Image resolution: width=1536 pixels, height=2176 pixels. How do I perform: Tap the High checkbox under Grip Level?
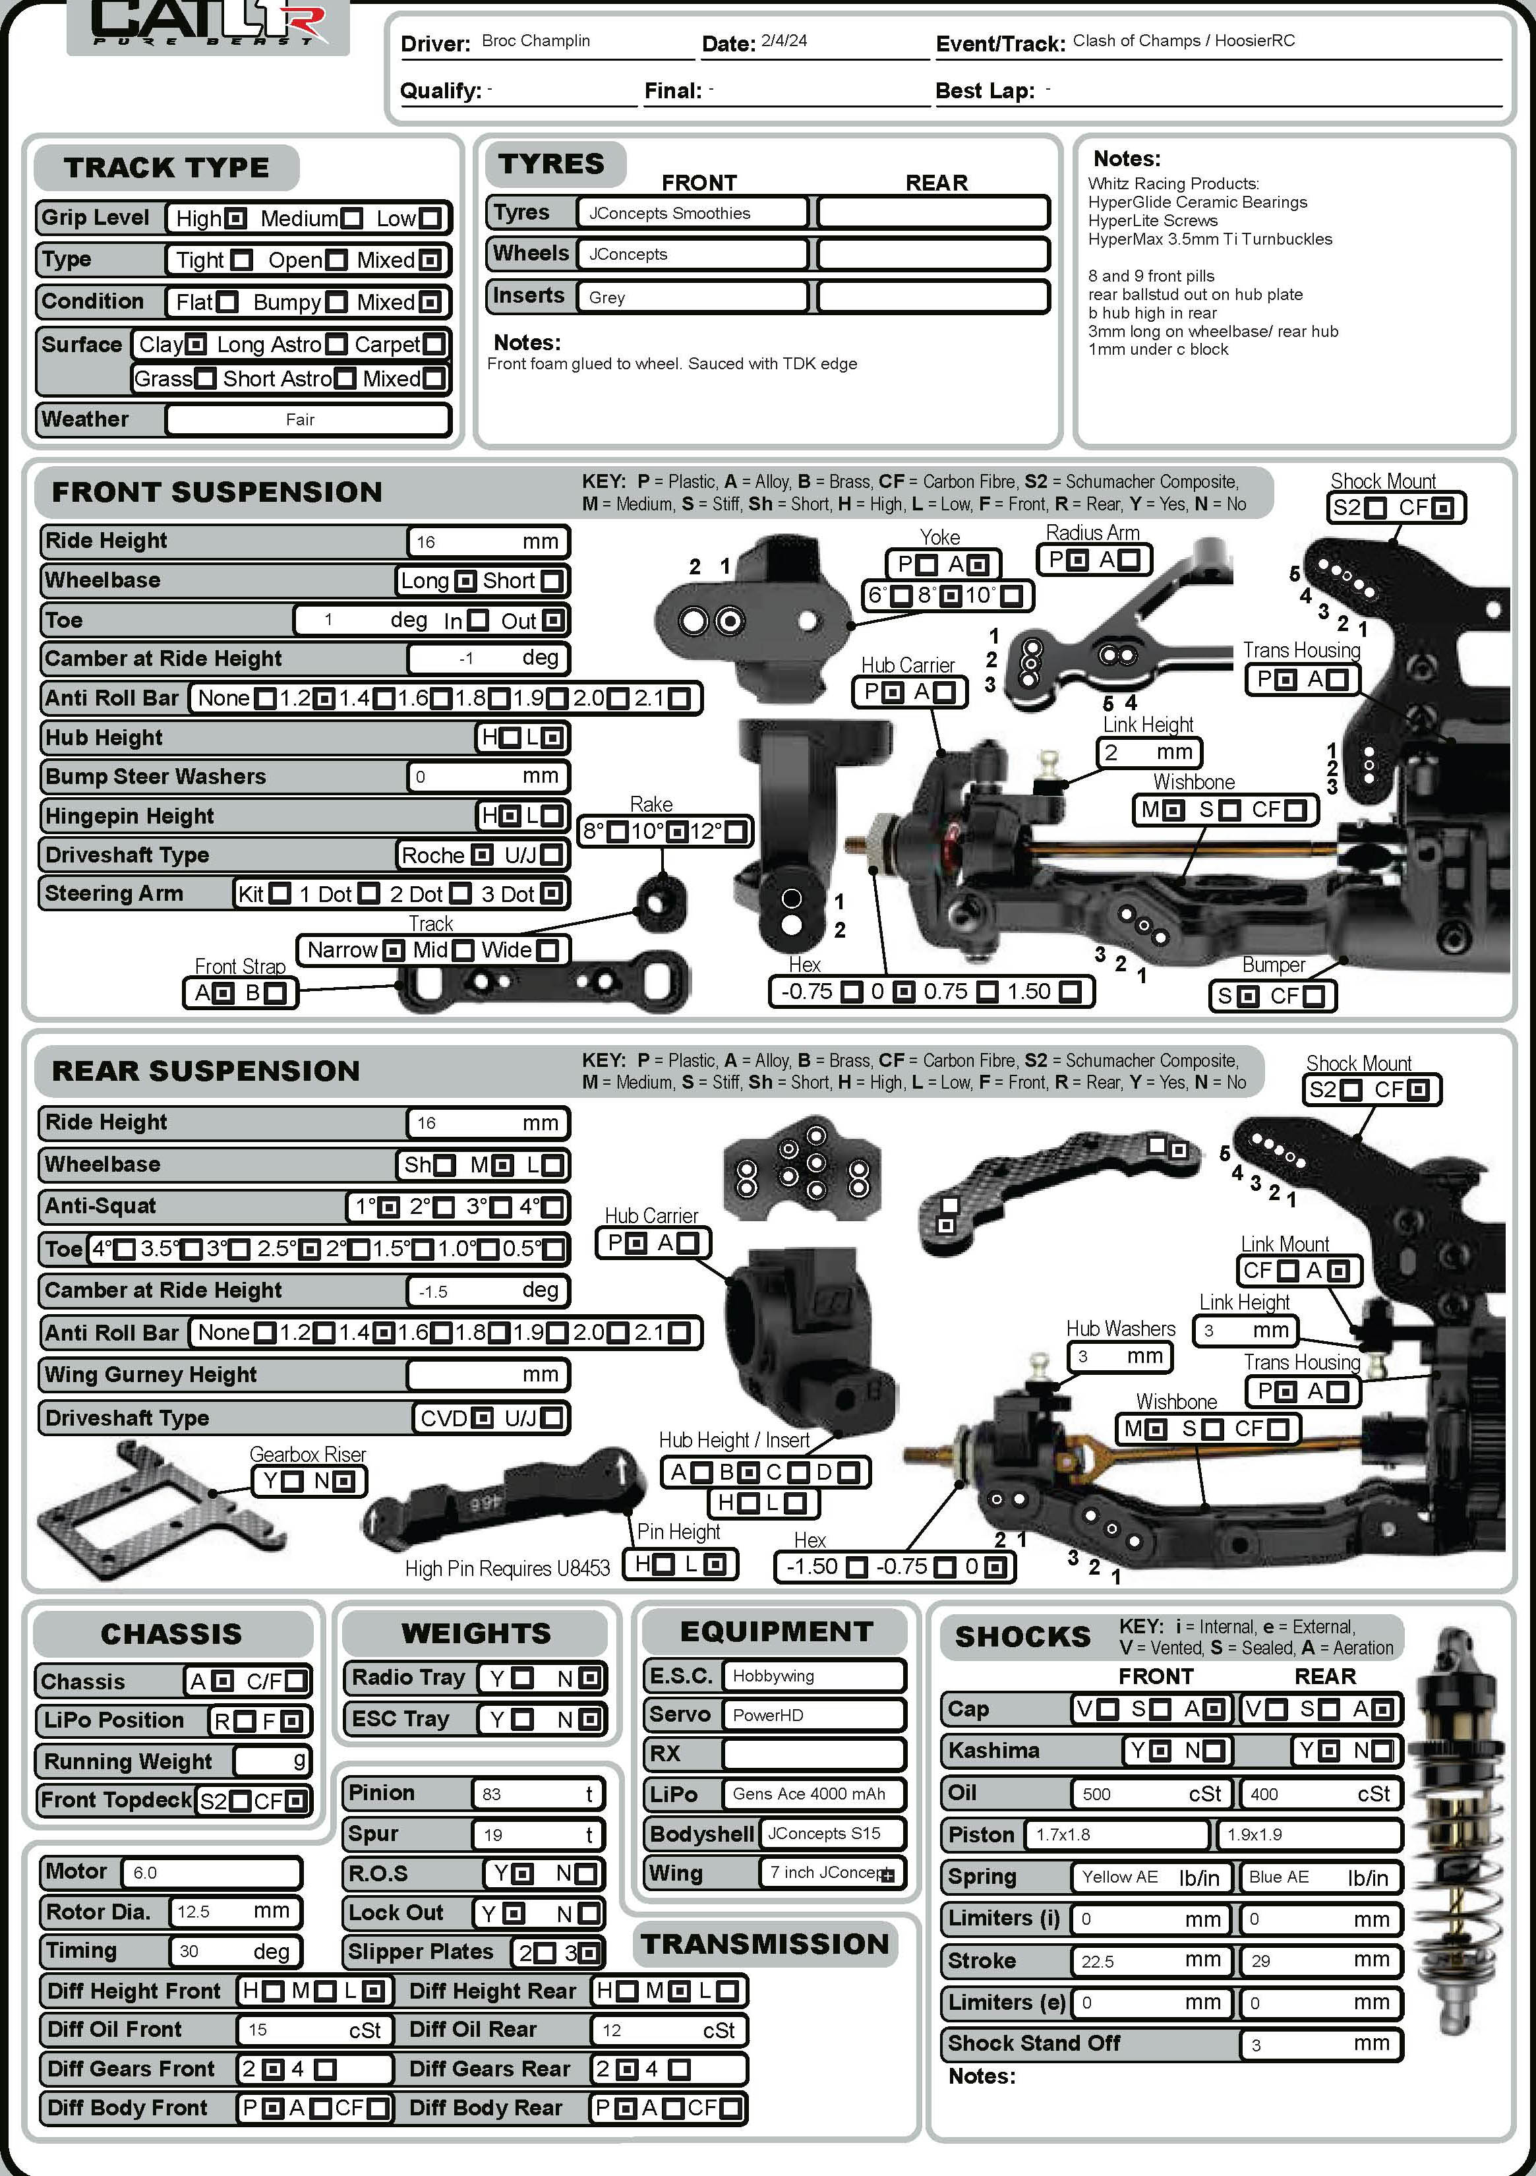(237, 219)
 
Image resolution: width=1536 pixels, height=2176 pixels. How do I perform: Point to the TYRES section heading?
(552, 164)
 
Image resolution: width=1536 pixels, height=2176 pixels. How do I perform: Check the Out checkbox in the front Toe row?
(552, 620)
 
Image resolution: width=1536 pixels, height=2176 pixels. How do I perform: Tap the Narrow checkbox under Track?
(394, 950)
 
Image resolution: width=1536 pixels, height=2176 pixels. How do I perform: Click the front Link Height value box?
(1148, 752)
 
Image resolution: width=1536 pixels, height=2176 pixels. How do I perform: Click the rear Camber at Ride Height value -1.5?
(487, 1291)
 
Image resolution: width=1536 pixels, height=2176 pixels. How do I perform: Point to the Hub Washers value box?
(1119, 1356)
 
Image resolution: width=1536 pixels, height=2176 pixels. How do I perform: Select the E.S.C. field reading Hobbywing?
(812, 1676)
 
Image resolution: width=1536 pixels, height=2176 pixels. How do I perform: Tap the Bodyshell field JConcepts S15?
(831, 1833)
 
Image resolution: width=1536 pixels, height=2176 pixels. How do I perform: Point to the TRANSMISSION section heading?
(765, 1945)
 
